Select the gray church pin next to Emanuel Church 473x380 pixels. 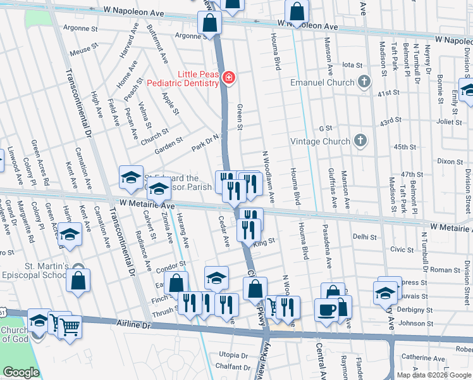[x=364, y=82]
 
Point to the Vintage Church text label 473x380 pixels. [x=319, y=141]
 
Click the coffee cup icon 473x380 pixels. [x=326, y=310]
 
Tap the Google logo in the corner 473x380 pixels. [x=21, y=372]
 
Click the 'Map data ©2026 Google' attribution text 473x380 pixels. [x=434, y=375]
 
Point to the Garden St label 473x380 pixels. [x=169, y=143]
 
